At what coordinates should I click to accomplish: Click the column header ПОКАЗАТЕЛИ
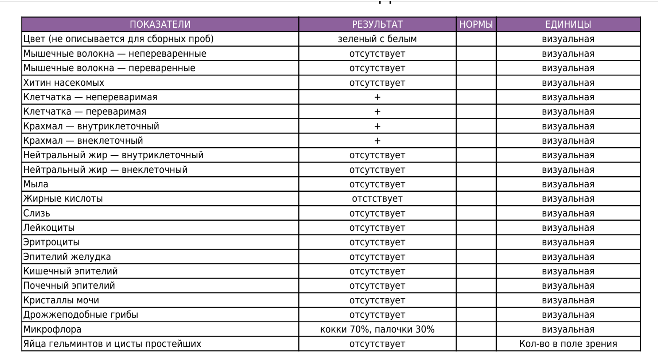(160, 24)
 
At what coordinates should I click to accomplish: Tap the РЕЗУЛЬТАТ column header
(377, 24)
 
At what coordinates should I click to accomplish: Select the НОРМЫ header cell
(476, 24)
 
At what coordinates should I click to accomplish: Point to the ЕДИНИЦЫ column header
(568, 24)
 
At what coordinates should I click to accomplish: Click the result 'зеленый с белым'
(377, 39)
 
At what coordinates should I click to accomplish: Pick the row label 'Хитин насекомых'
(64, 83)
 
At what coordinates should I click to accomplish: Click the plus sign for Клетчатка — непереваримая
(377, 97)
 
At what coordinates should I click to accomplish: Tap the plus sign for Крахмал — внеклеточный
(377, 141)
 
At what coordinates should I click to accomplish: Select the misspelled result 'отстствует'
(377, 199)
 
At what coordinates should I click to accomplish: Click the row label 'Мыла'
(36, 184)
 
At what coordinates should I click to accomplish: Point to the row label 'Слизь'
(37, 213)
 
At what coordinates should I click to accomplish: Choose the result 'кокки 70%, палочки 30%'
(377, 329)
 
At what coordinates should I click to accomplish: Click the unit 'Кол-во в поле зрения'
(568, 344)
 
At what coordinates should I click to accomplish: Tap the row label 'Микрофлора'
(52, 329)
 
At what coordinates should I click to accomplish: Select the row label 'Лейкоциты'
(49, 228)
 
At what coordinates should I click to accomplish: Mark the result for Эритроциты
(377, 243)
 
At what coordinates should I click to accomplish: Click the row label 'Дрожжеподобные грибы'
(81, 315)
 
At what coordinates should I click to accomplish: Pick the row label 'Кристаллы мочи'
(61, 300)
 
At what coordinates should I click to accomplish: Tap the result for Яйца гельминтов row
(377, 344)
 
